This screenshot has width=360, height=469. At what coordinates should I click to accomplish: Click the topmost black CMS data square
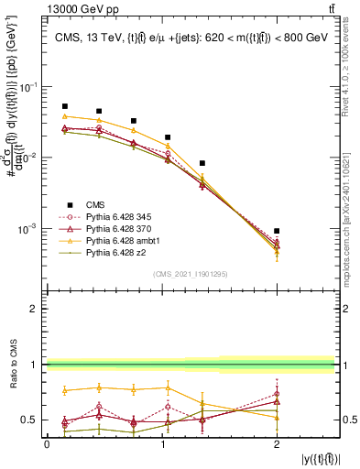point(64,106)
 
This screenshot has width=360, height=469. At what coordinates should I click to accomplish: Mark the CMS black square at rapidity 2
point(277,231)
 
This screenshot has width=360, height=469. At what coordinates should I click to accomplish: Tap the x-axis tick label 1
point(161,443)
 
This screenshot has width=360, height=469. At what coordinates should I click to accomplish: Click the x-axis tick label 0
point(47,443)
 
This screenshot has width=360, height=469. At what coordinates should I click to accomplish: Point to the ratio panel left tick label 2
point(36,310)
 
